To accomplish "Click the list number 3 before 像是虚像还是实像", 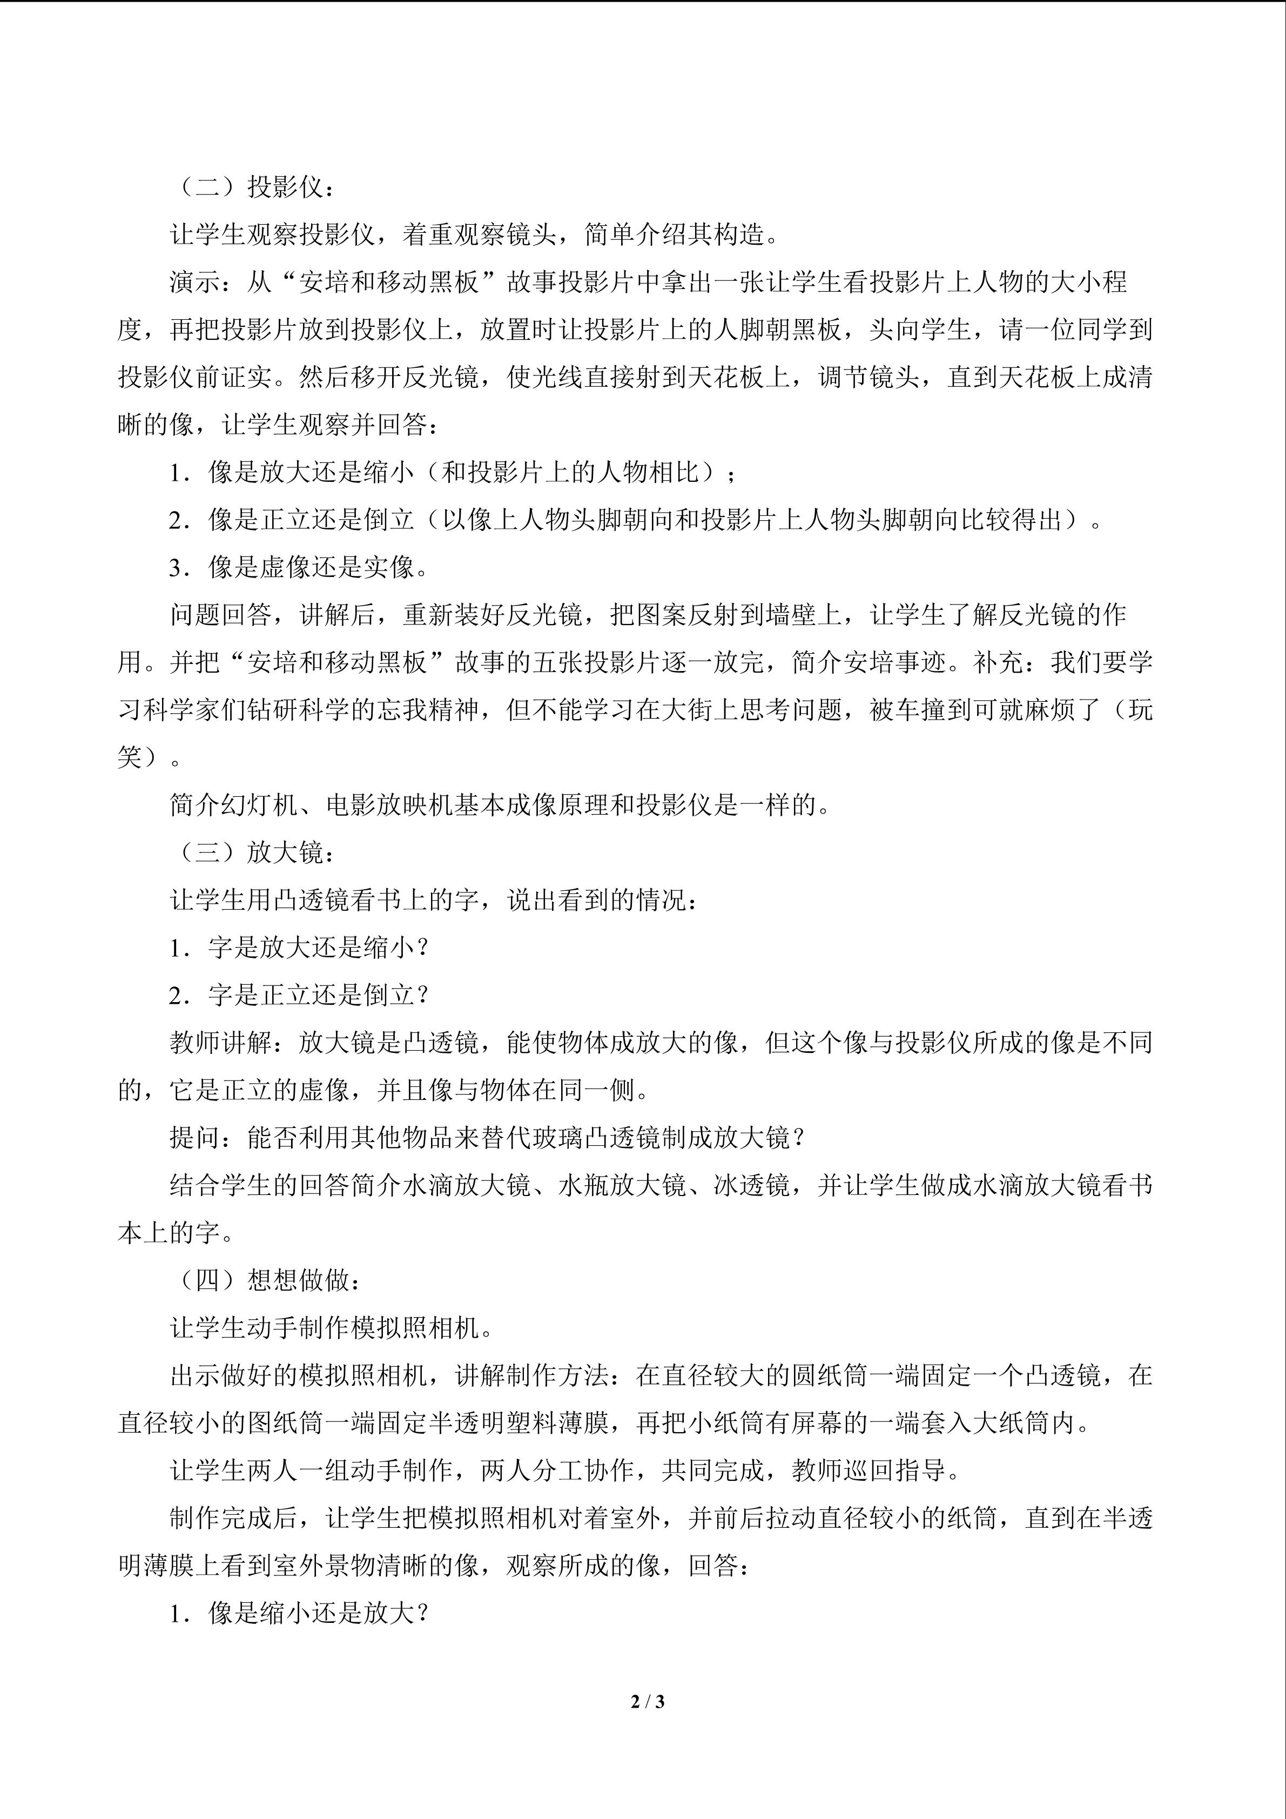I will [176, 567].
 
